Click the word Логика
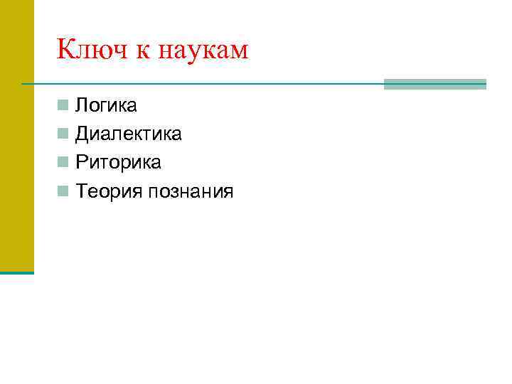tap(107, 106)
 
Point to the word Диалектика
tap(129, 134)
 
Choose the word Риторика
tap(119, 163)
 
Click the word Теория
tap(109, 191)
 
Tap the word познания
tap(191, 191)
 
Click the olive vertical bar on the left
tap(16, 135)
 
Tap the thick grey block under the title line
tap(434, 84)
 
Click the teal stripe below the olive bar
tap(16, 272)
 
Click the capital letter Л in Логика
tap(82, 106)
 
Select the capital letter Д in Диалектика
tap(83, 134)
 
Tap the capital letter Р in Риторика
tap(82, 163)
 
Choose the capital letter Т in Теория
tap(82, 191)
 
